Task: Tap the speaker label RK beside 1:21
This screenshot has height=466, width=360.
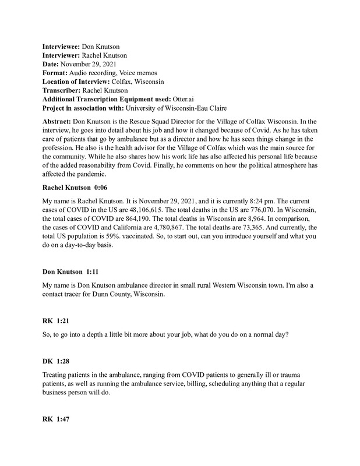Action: (x=49, y=322)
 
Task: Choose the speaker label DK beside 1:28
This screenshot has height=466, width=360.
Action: (x=49, y=362)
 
